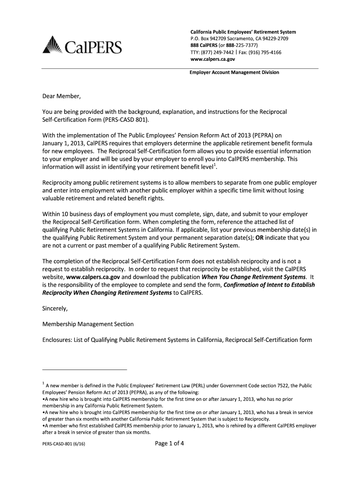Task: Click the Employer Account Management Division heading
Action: click(x=234, y=73)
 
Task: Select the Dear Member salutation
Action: click(x=62, y=97)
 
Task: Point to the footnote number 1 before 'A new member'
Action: click(x=43, y=384)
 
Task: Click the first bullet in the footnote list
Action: click(x=43, y=399)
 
